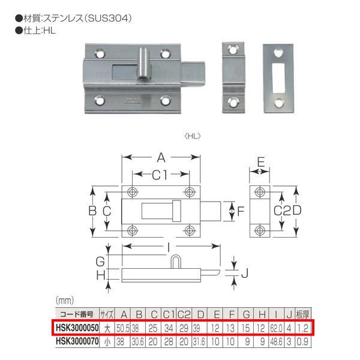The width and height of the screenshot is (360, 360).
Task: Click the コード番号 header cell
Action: tap(74, 314)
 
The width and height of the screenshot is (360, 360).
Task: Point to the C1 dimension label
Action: tap(160, 175)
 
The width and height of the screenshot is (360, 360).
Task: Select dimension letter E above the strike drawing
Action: tap(261, 160)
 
